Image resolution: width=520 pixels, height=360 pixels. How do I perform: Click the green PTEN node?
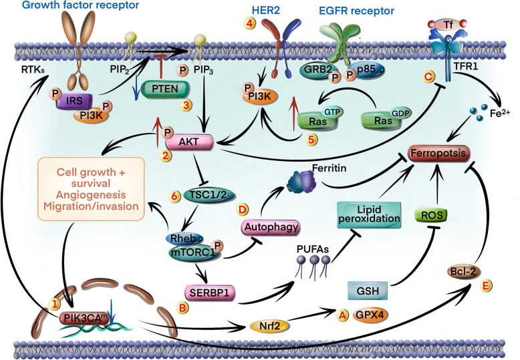[x=165, y=89]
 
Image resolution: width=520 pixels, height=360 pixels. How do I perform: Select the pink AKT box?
[x=189, y=142]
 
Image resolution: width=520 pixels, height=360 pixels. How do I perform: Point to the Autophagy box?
[x=271, y=227]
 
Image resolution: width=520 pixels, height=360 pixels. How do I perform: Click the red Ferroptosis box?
[x=438, y=154]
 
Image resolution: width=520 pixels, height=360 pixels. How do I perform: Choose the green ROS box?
[x=432, y=216]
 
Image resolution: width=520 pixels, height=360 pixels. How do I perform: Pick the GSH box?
[x=368, y=291]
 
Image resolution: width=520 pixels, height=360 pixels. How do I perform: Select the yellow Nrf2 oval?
[x=269, y=326]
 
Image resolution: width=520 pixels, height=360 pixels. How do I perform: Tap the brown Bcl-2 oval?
[x=463, y=272]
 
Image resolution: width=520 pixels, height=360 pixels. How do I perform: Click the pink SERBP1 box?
[x=210, y=293]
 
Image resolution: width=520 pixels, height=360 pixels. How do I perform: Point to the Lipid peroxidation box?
[x=369, y=215]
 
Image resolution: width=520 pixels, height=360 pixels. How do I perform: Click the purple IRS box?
[x=74, y=101]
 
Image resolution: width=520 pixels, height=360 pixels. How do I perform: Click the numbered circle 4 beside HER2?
[x=249, y=23]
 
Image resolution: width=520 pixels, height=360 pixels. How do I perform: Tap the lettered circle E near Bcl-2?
[x=486, y=285]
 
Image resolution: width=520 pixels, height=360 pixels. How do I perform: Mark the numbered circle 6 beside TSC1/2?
[x=174, y=196]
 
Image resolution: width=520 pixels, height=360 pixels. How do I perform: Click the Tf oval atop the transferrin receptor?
[x=448, y=24]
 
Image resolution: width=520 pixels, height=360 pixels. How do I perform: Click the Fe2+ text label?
[x=500, y=114]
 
